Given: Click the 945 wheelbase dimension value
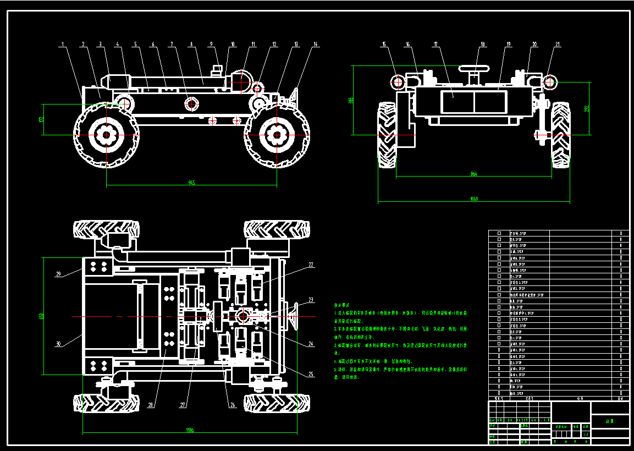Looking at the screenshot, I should tap(191, 183).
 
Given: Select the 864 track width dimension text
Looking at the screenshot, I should tap(474, 174).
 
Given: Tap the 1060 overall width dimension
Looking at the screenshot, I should tap(474, 199).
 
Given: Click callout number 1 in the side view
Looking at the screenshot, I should tap(63, 44).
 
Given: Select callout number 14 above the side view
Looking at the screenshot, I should tap(316, 44).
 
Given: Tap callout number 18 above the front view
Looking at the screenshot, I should tap(483, 44).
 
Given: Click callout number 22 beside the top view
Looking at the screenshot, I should tap(311, 265).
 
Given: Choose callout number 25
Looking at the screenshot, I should tap(311, 374).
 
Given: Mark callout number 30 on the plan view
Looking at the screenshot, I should tap(58, 344).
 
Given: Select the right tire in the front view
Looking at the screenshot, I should tap(561, 135).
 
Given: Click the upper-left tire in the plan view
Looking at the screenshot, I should tap(106, 229).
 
